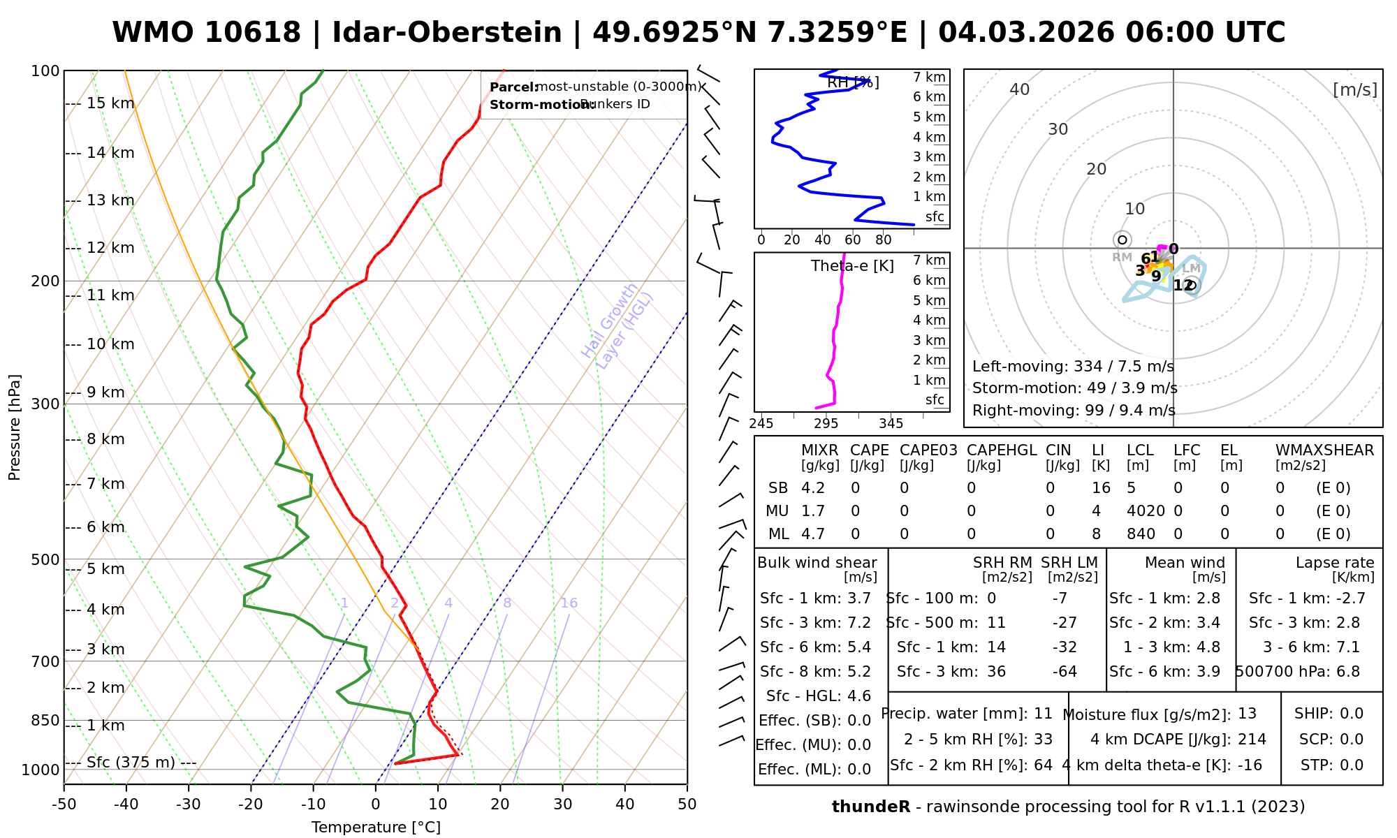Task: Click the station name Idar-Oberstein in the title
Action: pyautogui.click(x=446, y=33)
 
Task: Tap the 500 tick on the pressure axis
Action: pyautogui.click(x=45, y=559)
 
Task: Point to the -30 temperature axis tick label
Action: pyautogui.click(x=188, y=804)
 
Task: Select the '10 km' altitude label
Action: pyautogui.click(x=110, y=344)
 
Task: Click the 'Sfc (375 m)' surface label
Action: pyautogui.click(x=131, y=762)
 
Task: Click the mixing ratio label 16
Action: pyautogui.click(x=569, y=603)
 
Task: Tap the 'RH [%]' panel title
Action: pyautogui.click(x=853, y=82)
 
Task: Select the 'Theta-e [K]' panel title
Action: pyautogui.click(x=852, y=266)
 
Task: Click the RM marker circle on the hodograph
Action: pyautogui.click(x=1122, y=240)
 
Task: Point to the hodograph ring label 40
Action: pyautogui.click(x=1020, y=89)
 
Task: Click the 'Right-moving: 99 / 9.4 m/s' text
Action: pyautogui.click(x=1074, y=410)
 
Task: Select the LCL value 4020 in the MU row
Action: pyautogui.click(x=1146, y=511)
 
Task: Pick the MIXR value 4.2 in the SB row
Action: pyautogui.click(x=813, y=488)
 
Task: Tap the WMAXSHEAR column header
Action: pyautogui.click(x=1324, y=450)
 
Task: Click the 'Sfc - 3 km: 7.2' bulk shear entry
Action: pyautogui.click(x=815, y=623)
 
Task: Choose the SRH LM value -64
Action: pyautogui.click(x=1065, y=672)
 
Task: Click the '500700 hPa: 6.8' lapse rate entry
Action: pyautogui.click(x=1298, y=672)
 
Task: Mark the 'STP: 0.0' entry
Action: pyautogui.click(x=1332, y=765)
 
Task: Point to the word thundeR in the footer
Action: pyautogui.click(x=871, y=807)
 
